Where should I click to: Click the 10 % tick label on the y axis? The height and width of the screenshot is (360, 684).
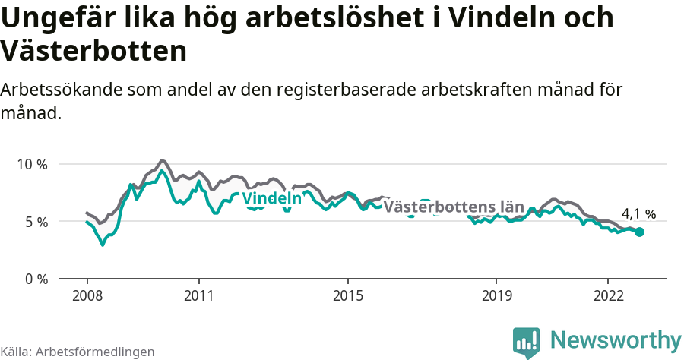click(32, 164)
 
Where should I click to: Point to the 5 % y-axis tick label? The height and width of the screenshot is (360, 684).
click(36, 222)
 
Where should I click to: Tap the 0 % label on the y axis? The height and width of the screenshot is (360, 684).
click(36, 279)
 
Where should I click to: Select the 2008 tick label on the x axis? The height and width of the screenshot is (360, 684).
click(87, 295)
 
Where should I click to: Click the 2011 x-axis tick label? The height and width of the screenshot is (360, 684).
click(198, 295)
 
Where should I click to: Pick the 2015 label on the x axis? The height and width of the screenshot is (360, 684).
click(347, 295)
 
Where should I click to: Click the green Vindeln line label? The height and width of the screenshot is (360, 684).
click(271, 198)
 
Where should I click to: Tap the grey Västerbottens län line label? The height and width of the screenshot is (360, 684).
click(454, 207)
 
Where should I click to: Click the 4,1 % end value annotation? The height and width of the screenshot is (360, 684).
click(638, 214)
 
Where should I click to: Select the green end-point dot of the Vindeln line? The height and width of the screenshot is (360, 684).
click(639, 232)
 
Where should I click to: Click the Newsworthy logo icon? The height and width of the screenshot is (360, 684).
click(527, 342)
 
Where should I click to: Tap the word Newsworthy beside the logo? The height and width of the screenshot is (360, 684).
click(616, 339)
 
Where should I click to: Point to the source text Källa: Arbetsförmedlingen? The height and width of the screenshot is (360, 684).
click(78, 352)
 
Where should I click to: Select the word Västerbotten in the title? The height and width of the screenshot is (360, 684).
click(93, 51)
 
